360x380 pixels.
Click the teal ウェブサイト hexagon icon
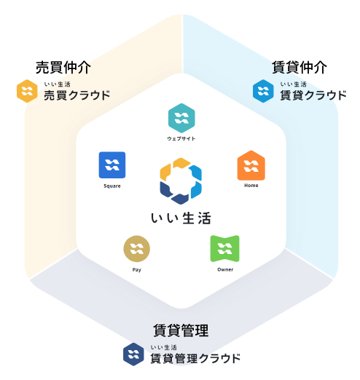point(181,118)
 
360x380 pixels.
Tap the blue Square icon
point(112,165)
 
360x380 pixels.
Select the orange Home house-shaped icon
point(251,165)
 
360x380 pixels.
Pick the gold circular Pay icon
point(136,249)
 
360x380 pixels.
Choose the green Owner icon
point(224,249)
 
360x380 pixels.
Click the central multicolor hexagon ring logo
point(181,181)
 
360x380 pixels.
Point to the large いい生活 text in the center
point(181,218)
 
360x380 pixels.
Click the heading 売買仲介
point(63,67)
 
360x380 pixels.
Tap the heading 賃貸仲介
point(300,67)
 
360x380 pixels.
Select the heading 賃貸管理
point(181,330)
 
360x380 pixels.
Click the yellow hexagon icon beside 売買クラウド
point(27,91)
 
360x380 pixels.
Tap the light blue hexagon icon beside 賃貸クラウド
point(263,91)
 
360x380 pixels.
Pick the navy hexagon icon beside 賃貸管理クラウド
point(133,355)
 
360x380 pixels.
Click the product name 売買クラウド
point(77,95)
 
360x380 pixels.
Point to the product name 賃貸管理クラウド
point(195,358)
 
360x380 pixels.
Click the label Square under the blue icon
point(112,186)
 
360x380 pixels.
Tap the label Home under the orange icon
point(251,186)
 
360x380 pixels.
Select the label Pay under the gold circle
point(136,270)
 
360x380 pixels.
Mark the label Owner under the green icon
point(225,269)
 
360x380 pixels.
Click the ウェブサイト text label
point(181,138)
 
